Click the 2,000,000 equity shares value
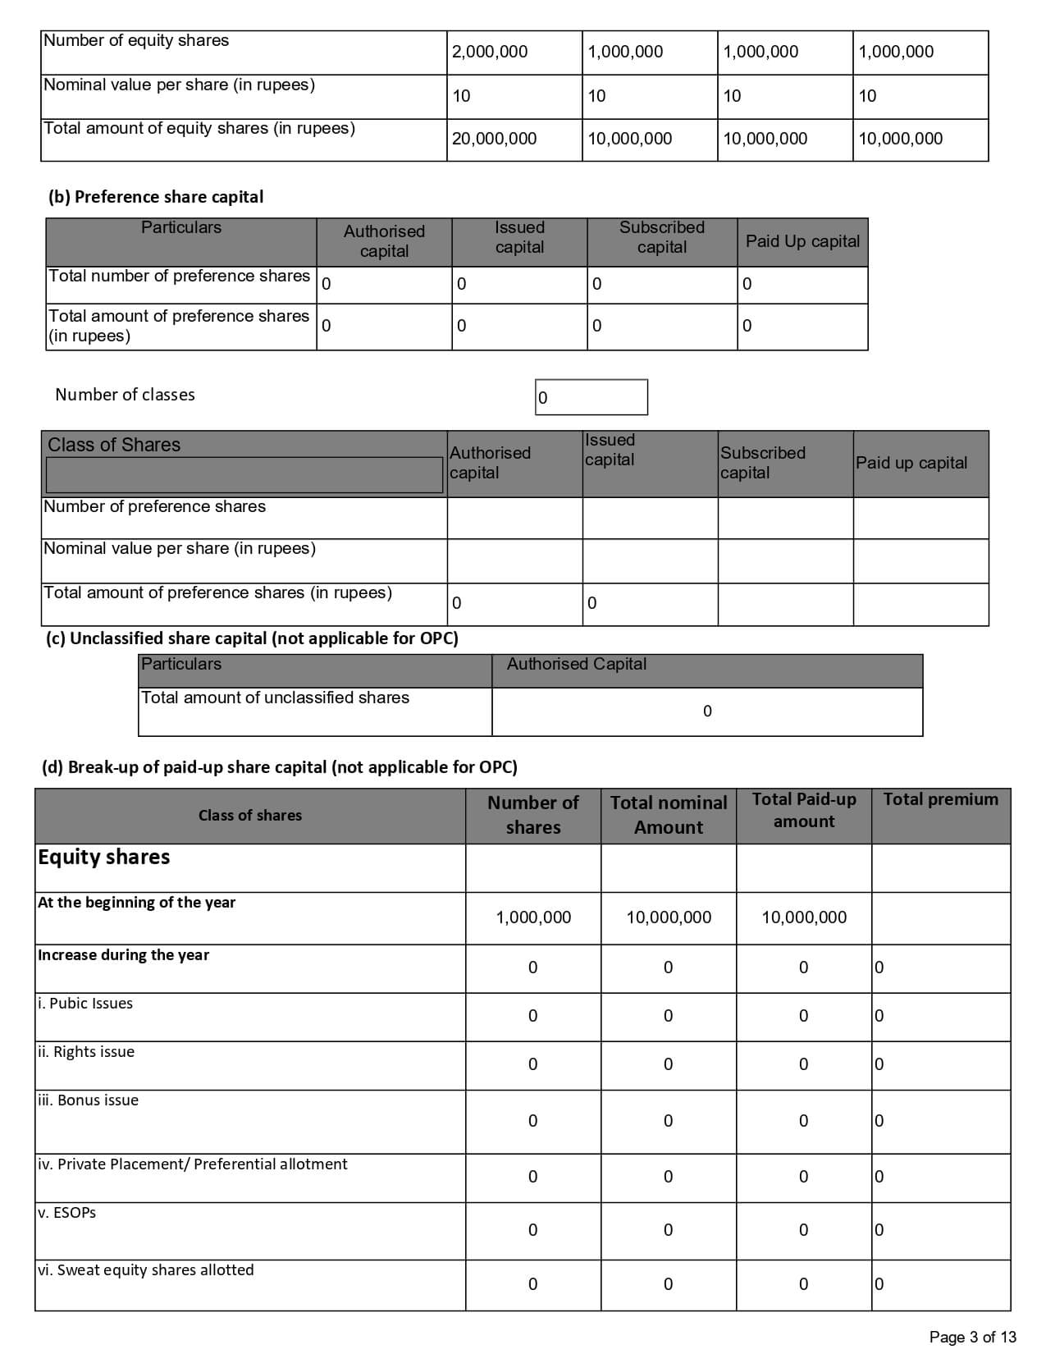pyautogui.click(x=490, y=52)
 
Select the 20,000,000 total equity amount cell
pyautogui.click(x=494, y=139)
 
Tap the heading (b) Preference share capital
pyautogui.click(x=156, y=197)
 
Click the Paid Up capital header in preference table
pyautogui.click(x=802, y=241)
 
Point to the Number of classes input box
pyautogui.click(x=591, y=397)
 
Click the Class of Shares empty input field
pyautogui.click(x=244, y=475)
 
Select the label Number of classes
pyautogui.click(x=125, y=395)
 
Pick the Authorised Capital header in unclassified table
pyautogui.click(x=576, y=664)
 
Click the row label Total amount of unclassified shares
pyautogui.click(x=275, y=698)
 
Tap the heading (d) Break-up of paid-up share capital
pyautogui.click(x=279, y=767)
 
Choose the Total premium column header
pyautogui.click(x=940, y=799)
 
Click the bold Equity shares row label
pyautogui.click(x=103, y=857)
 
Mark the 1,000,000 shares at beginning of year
pyautogui.click(x=533, y=917)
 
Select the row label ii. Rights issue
pyautogui.click(x=86, y=1052)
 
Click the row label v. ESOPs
pyautogui.click(x=66, y=1213)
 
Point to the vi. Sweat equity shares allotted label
pyautogui.click(x=145, y=1270)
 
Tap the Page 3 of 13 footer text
pyautogui.click(x=972, y=1337)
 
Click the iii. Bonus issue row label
pyautogui.click(x=88, y=1100)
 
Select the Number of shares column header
pyautogui.click(x=533, y=815)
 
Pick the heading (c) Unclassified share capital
pyautogui.click(x=252, y=638)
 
